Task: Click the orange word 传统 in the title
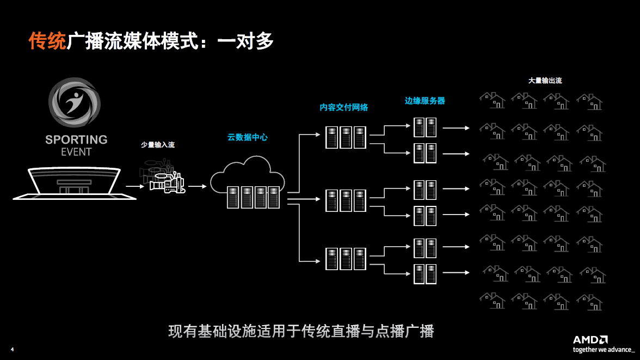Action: coord(47,41)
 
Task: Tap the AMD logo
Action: coord(590,340)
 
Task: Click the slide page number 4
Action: coord(12,349)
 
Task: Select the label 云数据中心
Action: coord(248,138)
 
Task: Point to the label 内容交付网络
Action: coord(343,107)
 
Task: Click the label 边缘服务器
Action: coord(424,101)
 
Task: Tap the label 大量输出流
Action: coord(545,81)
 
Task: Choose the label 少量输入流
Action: coord(158,145)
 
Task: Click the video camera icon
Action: coord(167,182)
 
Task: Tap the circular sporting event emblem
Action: coord(75,103)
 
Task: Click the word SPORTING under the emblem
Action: coord(76,140)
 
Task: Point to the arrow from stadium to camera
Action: coord(136,186)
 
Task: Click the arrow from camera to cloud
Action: coord(198,186)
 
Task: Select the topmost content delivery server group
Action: coord(346,137)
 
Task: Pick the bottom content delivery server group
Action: coord(346,259)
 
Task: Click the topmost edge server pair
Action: coord(425,127)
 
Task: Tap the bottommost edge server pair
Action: coord(425,273)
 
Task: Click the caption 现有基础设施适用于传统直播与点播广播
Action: coord(301,331)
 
